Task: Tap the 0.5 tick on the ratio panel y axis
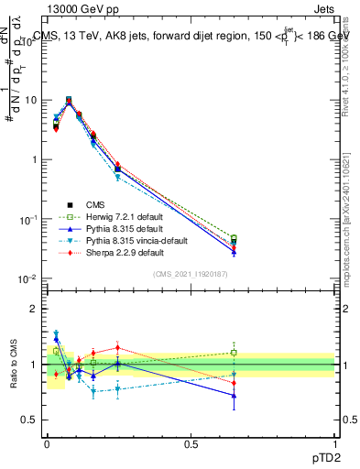pos(30,420)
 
